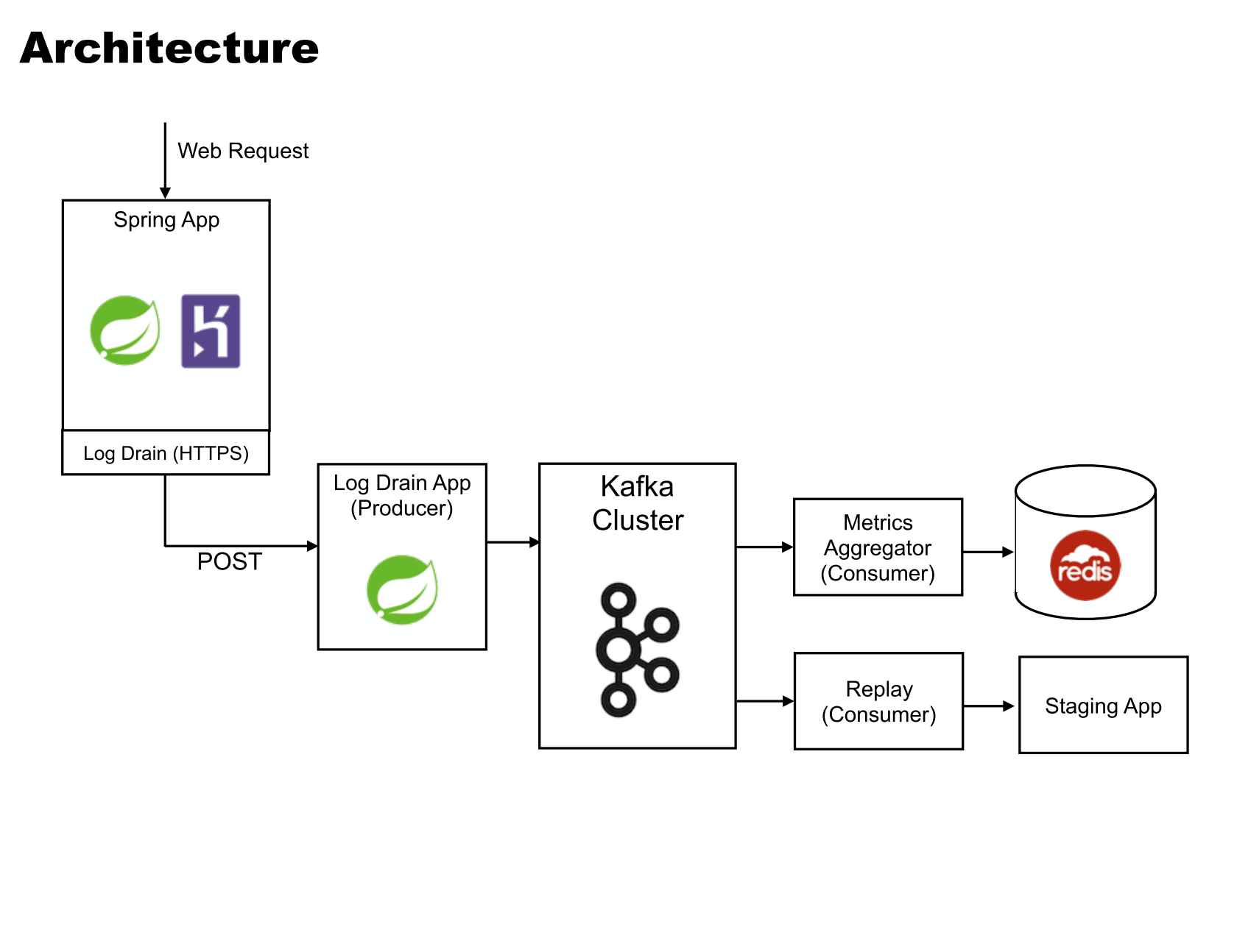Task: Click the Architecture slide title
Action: tap(169, 49)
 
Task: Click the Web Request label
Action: tap(242, 151)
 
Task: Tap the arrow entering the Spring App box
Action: tap(165, 162)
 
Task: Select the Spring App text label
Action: tap(166, 220)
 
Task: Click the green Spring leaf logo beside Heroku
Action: tap(125, 330)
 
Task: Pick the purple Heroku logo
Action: tap(211, 331)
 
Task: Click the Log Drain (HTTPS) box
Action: tap(166, 453)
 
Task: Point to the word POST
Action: tap(229, 562)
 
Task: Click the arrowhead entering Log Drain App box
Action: tap(312, 546)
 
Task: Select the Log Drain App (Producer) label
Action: tap(402, 495)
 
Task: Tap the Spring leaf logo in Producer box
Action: tap(402, 590)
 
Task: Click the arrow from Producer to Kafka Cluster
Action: tap(512, 542)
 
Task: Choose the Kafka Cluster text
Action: tap(638, 503)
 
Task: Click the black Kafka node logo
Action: tap(635, 650)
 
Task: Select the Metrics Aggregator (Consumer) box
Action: tap(878, 547)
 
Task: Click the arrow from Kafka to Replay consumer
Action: tap(764, 701)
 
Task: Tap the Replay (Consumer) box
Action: tap(878, 701)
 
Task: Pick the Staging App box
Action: tap(1103, 706)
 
